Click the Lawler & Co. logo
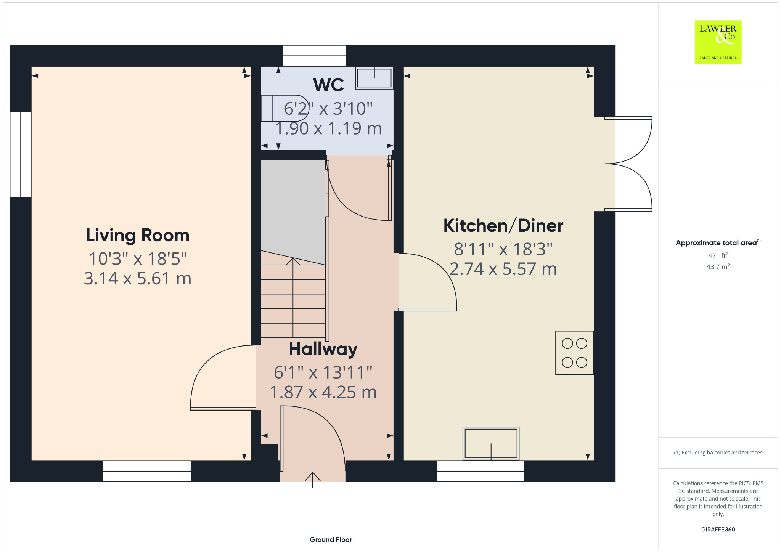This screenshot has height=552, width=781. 718,42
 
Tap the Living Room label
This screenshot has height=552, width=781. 137,235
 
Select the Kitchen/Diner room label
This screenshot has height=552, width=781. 503,226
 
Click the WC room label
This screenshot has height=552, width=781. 328,85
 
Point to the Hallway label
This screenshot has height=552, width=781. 323,349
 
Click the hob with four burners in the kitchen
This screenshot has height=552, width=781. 574,353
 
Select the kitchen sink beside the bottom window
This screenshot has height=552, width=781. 491,444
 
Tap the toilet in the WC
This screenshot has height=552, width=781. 285,108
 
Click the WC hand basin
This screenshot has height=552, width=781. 374,78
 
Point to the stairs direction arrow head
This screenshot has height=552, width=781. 293,262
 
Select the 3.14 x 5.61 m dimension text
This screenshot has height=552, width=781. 137,279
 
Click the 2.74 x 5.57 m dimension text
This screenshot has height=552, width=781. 503,269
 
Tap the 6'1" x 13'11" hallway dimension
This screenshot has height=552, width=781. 323,372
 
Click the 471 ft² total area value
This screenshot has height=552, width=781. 718,255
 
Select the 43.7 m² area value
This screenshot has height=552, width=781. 718,267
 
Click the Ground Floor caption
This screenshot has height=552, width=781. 331,539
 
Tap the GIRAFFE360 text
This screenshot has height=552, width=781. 718,530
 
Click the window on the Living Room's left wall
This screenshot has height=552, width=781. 21,154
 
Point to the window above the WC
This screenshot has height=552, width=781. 314,56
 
